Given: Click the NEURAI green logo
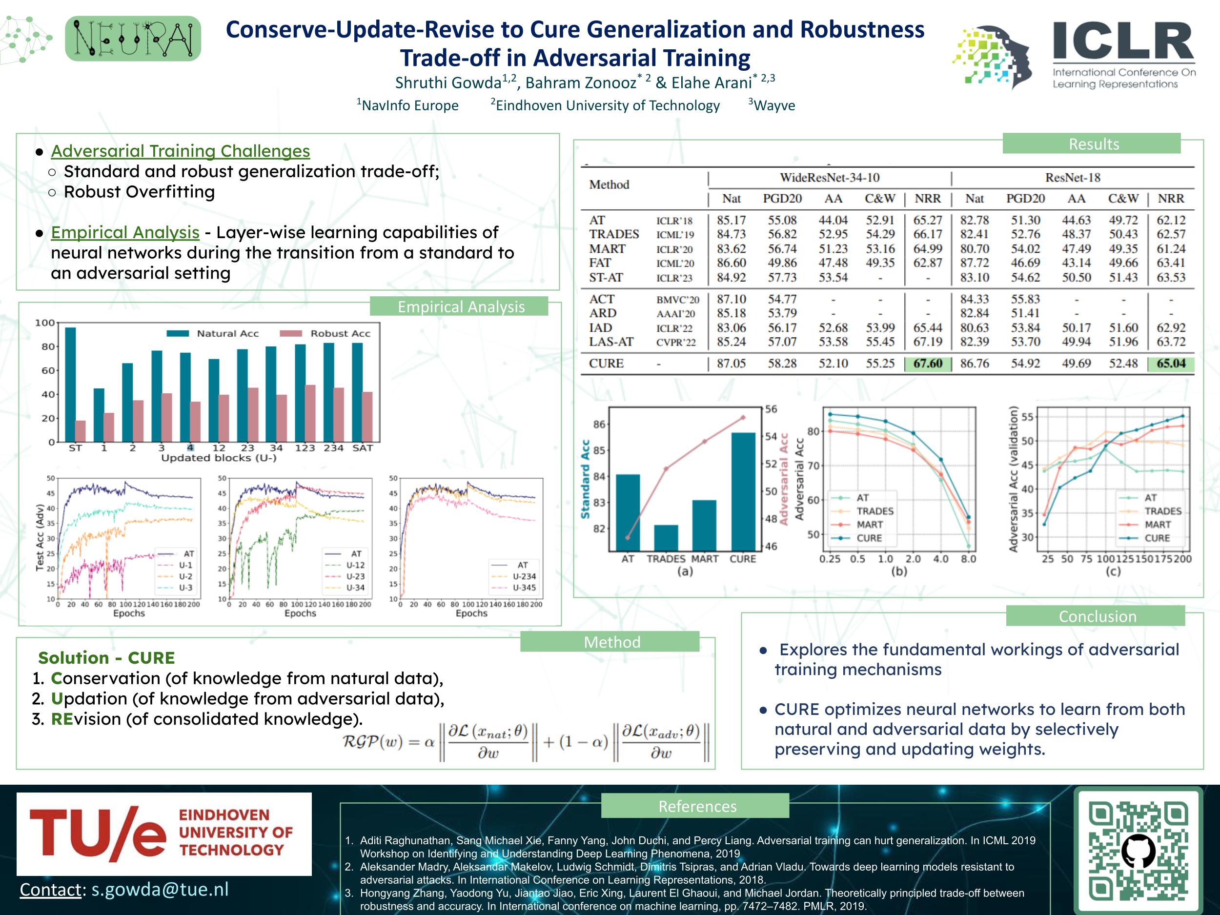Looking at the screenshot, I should coord(132,39).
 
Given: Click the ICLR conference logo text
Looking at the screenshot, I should coord(1123,41).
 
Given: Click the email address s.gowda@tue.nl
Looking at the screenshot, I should coord(160,889).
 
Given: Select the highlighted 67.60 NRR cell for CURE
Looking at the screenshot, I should coord(928,364).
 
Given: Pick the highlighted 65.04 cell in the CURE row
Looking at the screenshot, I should coord(1170,364).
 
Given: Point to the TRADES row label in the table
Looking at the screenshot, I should coord(613,234).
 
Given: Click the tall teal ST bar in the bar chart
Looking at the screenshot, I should coord(70,385).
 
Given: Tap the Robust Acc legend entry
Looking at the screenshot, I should coord(339,333).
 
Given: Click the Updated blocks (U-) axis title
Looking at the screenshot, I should coord(219,458).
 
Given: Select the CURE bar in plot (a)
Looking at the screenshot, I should coord(743,491).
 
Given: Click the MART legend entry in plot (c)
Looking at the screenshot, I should coord(1157,525).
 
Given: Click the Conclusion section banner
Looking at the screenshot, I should coord(1097,616).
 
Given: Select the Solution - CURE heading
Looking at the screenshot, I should coord(106,657).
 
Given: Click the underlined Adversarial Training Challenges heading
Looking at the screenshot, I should coord(181,151).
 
